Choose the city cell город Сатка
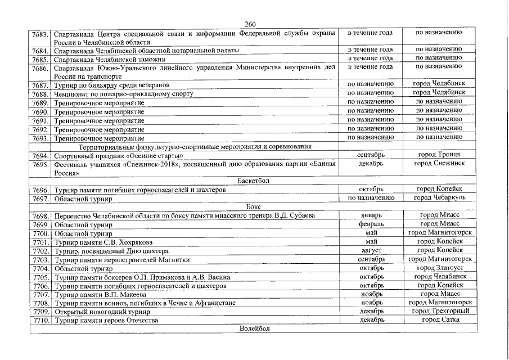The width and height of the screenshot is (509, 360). coord(440,320)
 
